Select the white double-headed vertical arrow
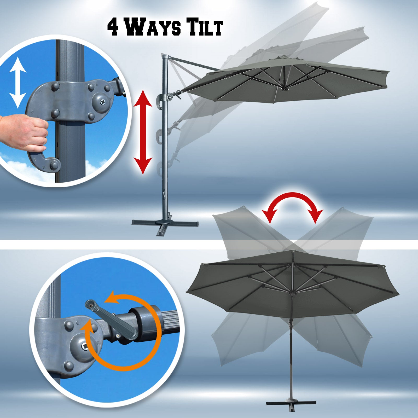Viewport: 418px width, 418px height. point(18,83)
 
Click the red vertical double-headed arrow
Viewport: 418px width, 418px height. point(143,132)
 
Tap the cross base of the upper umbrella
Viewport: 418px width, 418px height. point(165,224)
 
